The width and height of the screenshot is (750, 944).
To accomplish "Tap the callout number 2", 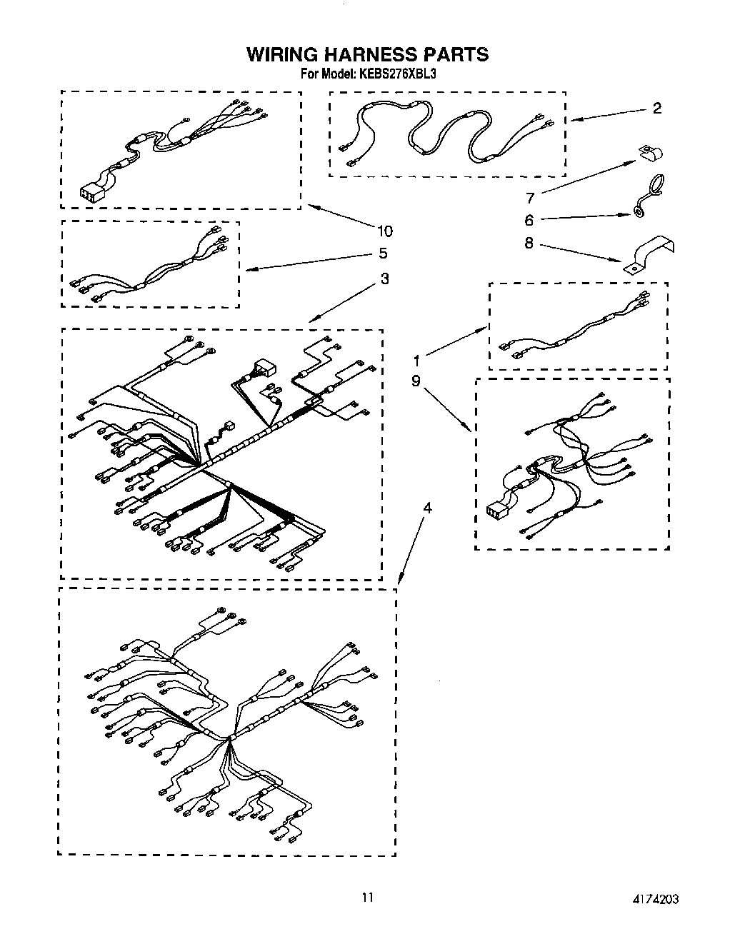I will click(x=656, y=108).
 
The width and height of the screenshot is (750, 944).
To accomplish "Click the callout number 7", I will click(x=530, y=198).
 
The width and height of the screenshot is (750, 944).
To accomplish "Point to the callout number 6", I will click(x=529, y=221).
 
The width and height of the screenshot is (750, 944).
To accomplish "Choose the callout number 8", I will click(x=529, y=243).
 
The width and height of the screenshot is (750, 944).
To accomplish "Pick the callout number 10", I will click(x=384, y=231).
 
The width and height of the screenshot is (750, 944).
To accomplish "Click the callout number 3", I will click(x=384, y=278).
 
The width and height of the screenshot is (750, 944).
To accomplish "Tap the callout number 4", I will click(x=427, y=508).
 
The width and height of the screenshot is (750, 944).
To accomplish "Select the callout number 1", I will click(x=416, y=361).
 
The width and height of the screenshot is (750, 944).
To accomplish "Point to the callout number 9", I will click(x=416, y=382).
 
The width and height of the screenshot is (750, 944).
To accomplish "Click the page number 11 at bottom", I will click(x=367, y=897).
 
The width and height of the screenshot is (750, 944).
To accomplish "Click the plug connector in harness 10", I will click(x=91, y=192).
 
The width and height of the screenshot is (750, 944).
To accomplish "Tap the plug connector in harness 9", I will click(x=496, y=509).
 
